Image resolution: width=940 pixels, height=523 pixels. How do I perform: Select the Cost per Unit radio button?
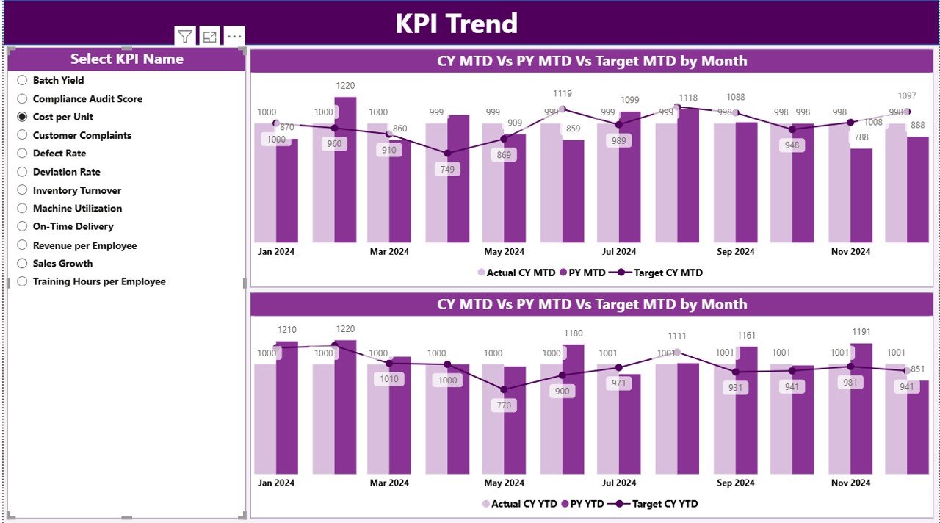click(x=22, y=117)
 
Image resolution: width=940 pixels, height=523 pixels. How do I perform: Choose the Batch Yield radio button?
click(x=22, y=80)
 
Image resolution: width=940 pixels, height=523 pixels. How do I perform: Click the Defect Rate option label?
click(x=59, y=154)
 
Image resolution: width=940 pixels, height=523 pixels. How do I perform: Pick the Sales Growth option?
click(x=62, y=263)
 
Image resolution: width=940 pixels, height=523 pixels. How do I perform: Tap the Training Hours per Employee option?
click(x=99, y=281)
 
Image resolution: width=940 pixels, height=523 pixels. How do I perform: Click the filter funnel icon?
click(x=185, y=37)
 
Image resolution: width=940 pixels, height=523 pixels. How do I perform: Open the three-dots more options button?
click(x=234, y=37)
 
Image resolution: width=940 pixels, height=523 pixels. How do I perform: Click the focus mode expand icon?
click(x=210, y=37)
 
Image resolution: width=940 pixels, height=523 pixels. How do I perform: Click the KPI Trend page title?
click(x=456, y=24)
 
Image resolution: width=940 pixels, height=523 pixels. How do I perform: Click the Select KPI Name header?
click(x=127, y=59)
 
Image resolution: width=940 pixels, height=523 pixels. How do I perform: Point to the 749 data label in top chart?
click(x=447, y=170)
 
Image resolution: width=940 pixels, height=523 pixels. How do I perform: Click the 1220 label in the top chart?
click(x=345, y=86)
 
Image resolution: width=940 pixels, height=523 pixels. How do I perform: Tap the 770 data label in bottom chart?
click(x=504, y=405)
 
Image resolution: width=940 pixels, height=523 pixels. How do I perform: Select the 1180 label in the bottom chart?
click(x=573, y=333)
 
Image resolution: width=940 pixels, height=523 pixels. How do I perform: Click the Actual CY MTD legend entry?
click(x=516, y=273)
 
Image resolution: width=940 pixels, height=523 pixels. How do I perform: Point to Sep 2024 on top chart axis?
click(x=735, y=252)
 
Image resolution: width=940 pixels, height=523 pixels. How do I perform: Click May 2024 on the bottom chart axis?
click(x=504, y=483)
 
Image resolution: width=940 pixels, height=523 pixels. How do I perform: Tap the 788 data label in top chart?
click(x=861, y=137)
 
